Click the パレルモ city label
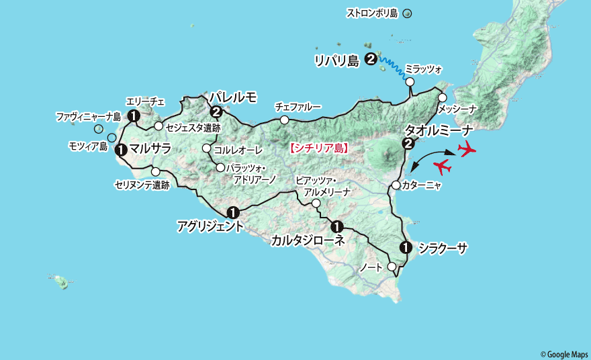pyautogui.click(x=232, y=98)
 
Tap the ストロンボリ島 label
pyautogui.click(x=372, y=13)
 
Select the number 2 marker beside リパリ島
pyautogui.click(x=371, y=59)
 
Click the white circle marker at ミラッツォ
pyautogui.click(x=409, y=82)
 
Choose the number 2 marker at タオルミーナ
pyautogui.click(x=407, y=143)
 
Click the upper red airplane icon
pyautogui.click(x=465, y=148)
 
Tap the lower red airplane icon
pyautogui.click(x=443, y=165)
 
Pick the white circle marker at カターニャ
pyautogui.click(x=396, y=185)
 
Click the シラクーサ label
pyautogui.click(x=443, y=249)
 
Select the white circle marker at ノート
pyautogui.click(x=392, y=267)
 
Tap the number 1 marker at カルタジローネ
pyautogui.click(x=337, y=226)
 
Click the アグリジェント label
pyautogui.click(x=210, y=226)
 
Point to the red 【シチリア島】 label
pyautogui.click(x=318, y=148)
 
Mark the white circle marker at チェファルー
pyautogui.click(x=285, y=120)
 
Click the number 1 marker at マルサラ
pyautogui.click(x=121, y=150)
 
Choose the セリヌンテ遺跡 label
pyautogui.click(x=142, y=184)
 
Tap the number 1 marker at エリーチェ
pyautogui.click(x=134, y=116)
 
